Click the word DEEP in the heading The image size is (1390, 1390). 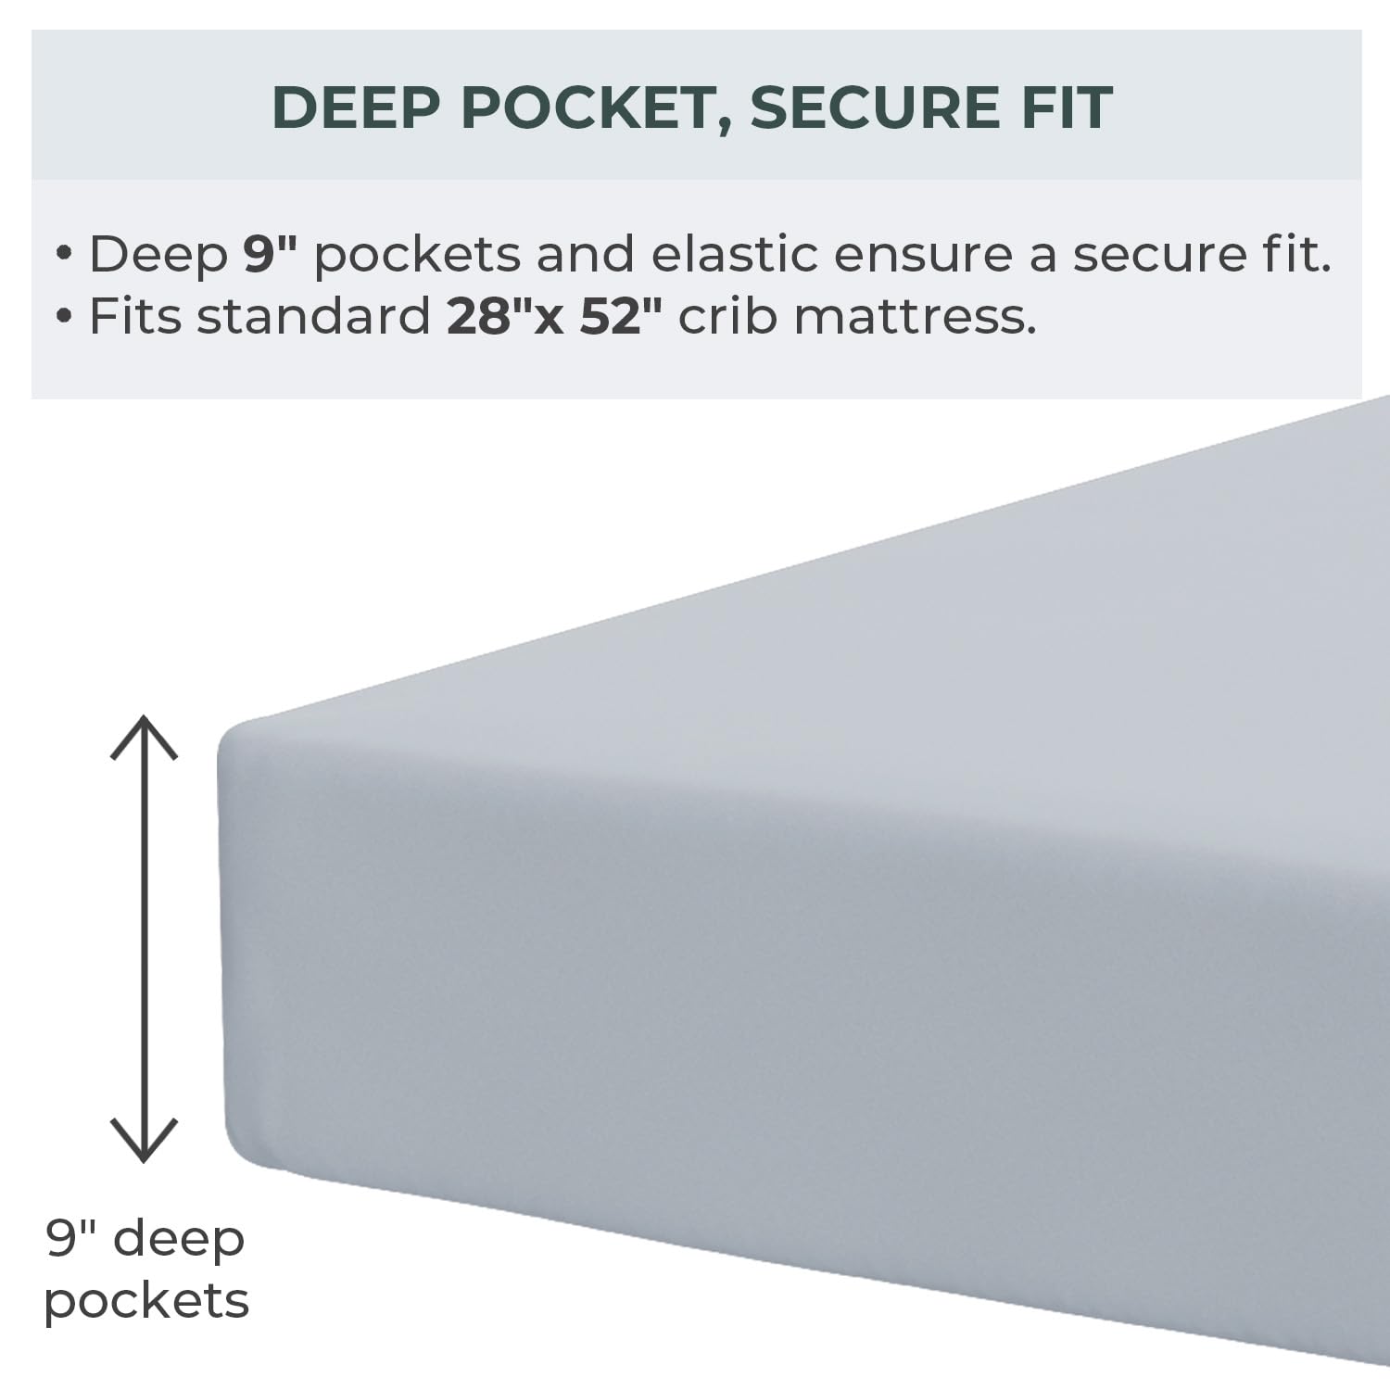(356, 107)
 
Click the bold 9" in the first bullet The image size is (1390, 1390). (269, 253)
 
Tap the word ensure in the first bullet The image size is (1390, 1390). (922, 255)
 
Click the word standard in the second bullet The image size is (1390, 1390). (313, 316)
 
